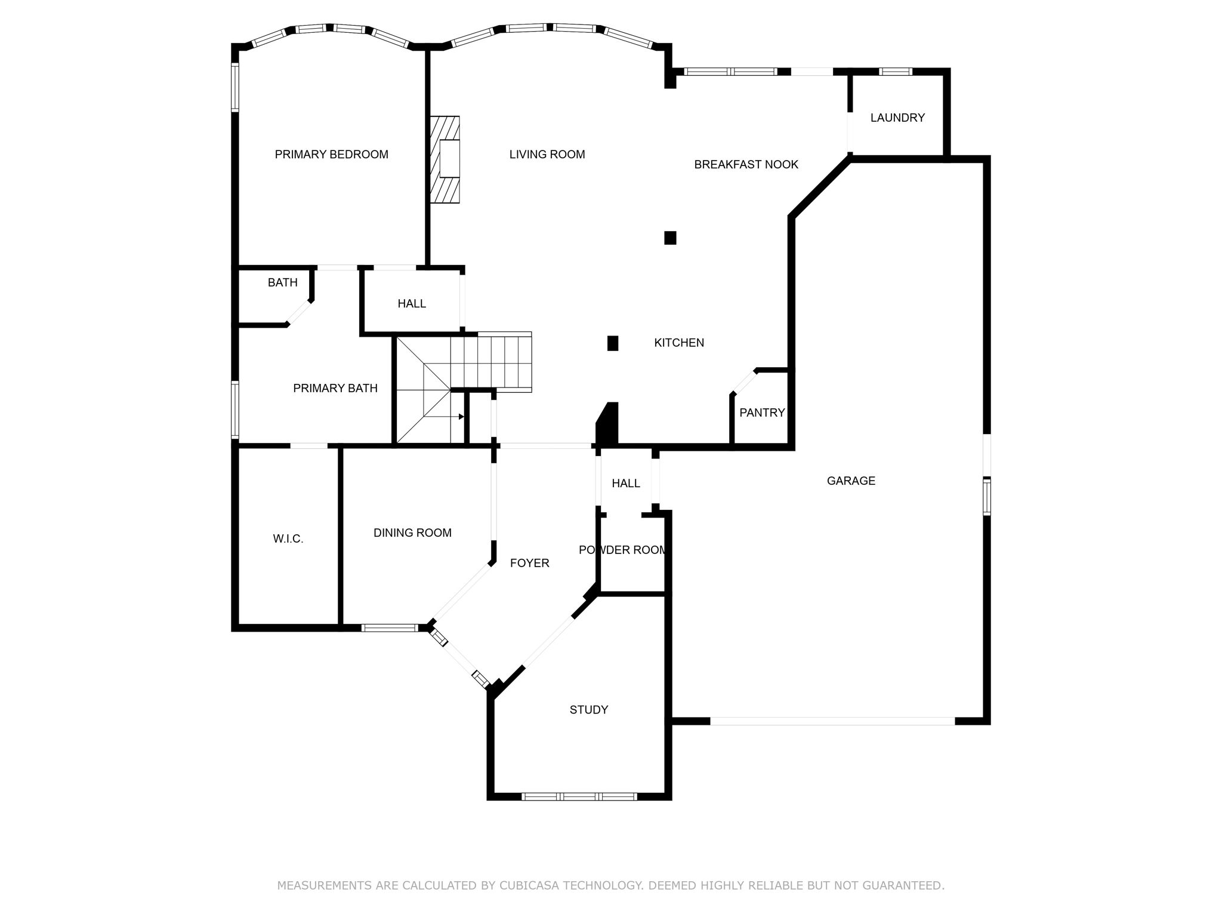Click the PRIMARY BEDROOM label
pyautogui.click(x=331, y=155)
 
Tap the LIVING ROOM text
pyautogui.click(x=547, y=155)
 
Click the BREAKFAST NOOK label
pyautogui.click(x=745, y=165)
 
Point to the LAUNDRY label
pyautogui.click(x=897, y=118)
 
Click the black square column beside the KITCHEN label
pyautogui.click(x=613, y=343)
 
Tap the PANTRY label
pyautogui.click(x=761, y=413)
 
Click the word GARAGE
pyautogui.click(x=850, y=481)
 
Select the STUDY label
pyautogui.click(x=588, y=710)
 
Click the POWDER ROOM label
pyautogui.click(x=622, y=550)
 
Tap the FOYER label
pyautogui.click(x=529, y=563)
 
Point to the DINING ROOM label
pyautogui.click(x=412, y=533)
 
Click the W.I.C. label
pyautogui.click(x=288, y=539)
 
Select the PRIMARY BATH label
pyautogui.click(x=335, y=389)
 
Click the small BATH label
pyautogui.click(x=282, y=283)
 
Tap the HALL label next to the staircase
pyautogui.click(x=412, y=304)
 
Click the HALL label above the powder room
pyautogui.click(x=625, y=484)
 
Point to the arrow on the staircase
pyautogui.click(x=461, y=417)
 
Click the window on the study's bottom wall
pyautogui.click(x=579, y=796)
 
